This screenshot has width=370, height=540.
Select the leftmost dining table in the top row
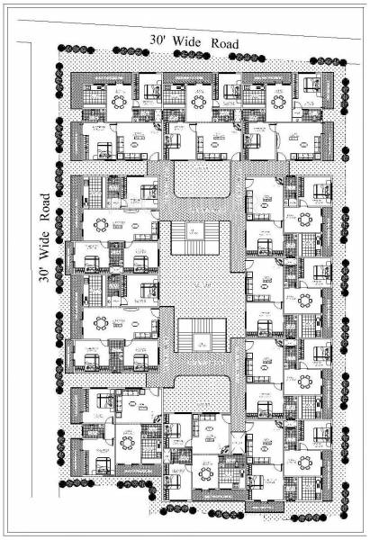pyautogui.click(x=119, y=101)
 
